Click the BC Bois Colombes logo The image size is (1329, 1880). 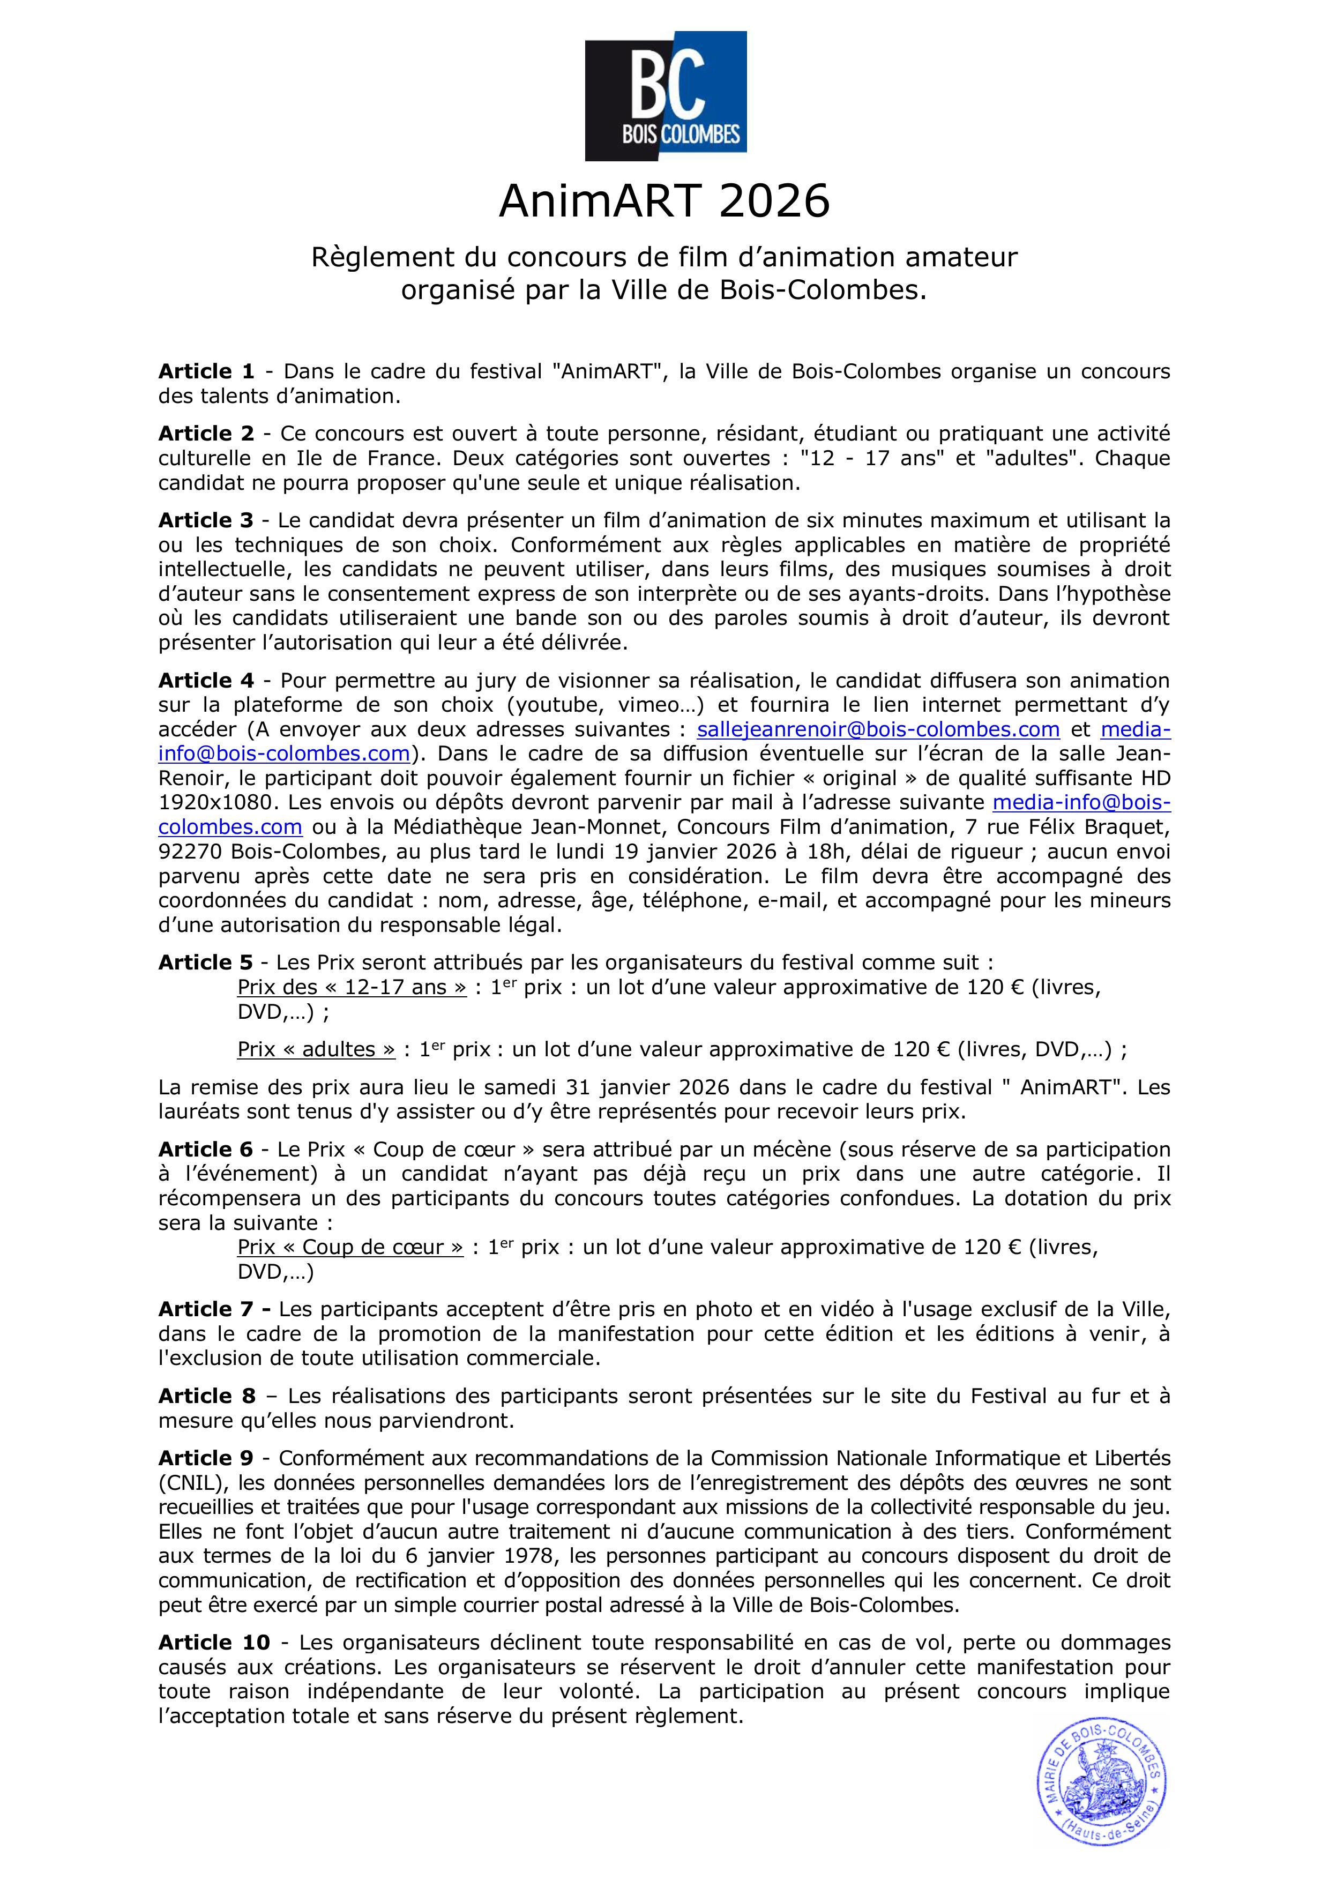(x=665, y=96)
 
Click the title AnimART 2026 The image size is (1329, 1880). (x=664, y=202)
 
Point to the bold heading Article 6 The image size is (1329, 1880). (x=206, y=1150)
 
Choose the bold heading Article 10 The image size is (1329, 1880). (x=214, y=1643)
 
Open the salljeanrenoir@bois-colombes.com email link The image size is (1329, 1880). (x=878, y=729)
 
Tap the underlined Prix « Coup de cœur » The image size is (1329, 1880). (x=350, y=1248)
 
